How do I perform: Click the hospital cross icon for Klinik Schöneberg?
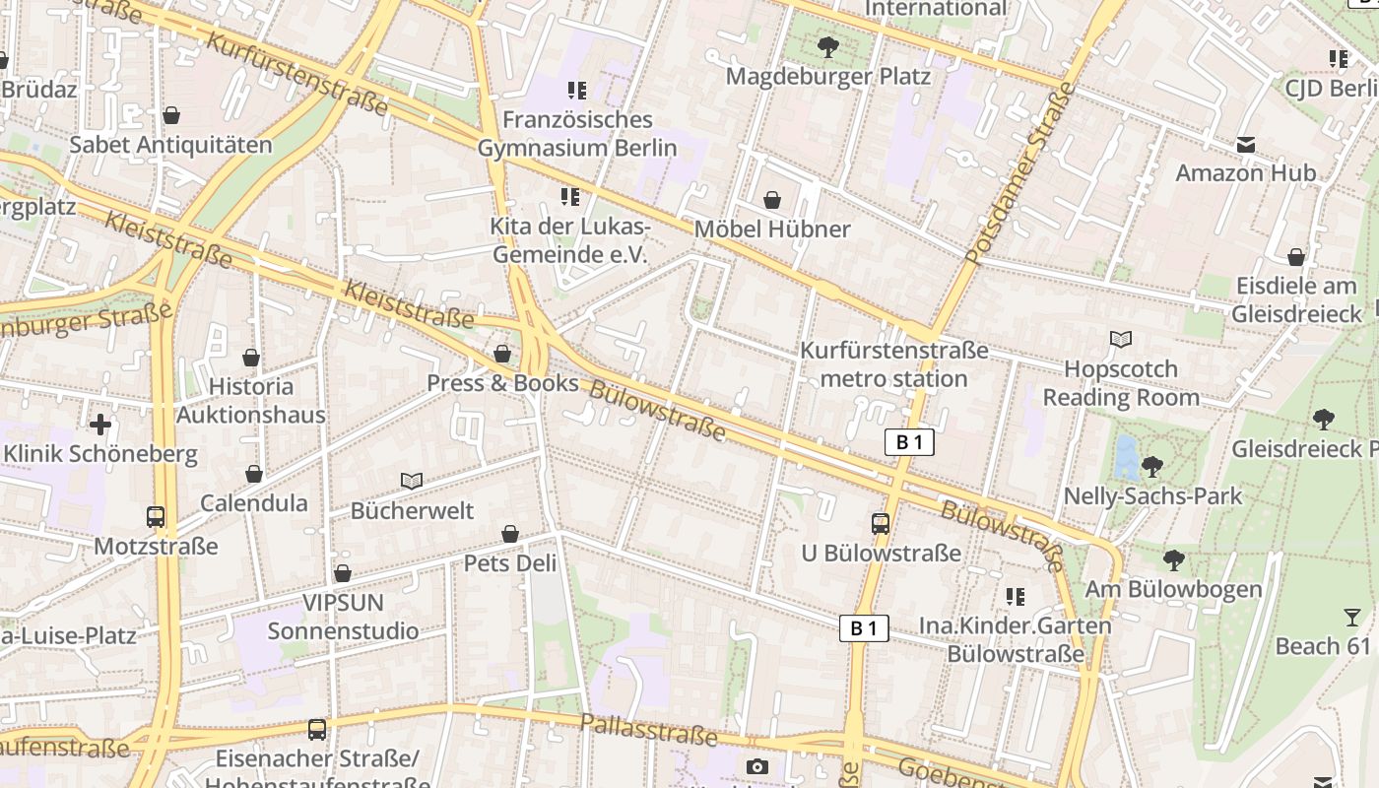[100, 425]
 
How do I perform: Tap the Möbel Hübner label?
[772, 229]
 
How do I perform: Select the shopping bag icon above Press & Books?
[502, 354]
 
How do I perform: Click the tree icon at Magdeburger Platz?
[828, 46]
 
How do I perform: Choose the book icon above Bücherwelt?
[412, 482]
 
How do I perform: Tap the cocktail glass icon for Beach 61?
[1351, 618]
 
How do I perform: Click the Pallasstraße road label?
[648, 730]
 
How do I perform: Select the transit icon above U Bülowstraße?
[881, 524]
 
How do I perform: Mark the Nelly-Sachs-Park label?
[1152, 495]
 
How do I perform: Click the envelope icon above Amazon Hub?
[1246, 145]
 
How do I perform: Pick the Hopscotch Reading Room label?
[1121, 383]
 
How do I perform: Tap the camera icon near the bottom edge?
[756, 766]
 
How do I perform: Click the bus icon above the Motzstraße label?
[156, 516]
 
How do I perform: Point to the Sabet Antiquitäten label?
[170, 145]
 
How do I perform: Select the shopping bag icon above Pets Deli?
[510, 534]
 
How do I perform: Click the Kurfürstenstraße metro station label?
[893, 364]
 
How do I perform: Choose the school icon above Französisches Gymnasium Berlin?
[577, 91]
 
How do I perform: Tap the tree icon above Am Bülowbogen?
[1173, 560]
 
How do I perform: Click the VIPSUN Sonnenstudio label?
[343, 617]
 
